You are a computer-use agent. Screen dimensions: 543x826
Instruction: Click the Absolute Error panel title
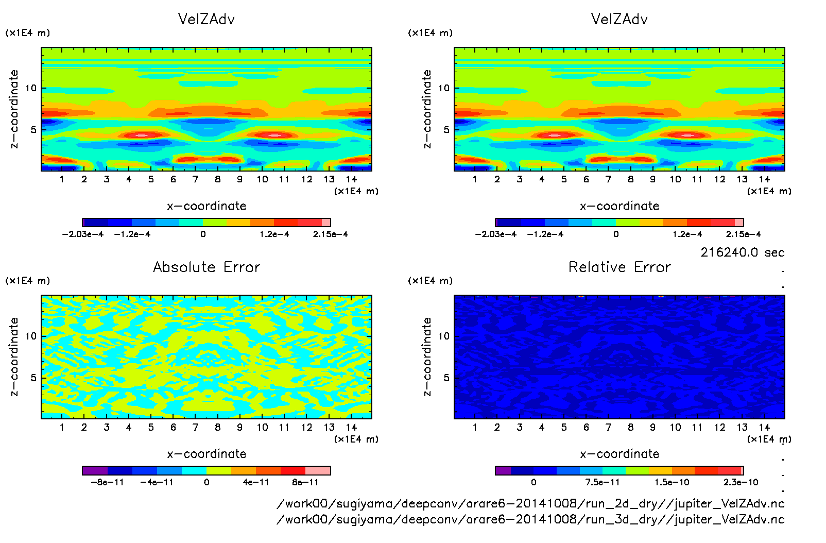pyautogui.click(x=206, y=267)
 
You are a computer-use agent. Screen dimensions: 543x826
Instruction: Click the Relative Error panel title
pyautogui.click(x=619, y=267)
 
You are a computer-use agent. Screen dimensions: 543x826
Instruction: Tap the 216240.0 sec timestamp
pyautogui.click(x=742, y=252)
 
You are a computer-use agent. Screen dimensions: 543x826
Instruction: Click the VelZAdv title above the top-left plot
pyautogui.click(x=206, y=19)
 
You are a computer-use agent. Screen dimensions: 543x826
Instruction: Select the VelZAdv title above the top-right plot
pyautogui.click(x=619, y=19)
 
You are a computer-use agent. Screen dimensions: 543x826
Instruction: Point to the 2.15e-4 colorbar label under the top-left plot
pyautogui.click(x=330, y=234)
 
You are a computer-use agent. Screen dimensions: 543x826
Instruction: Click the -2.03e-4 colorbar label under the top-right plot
pyautogui.click(x=495, y=234)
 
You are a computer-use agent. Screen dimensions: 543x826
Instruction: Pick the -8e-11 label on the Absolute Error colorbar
pyautogui.click(x=107, y=483)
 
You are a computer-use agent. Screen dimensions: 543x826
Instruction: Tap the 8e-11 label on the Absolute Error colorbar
pyautogui.click(x=305, y=483)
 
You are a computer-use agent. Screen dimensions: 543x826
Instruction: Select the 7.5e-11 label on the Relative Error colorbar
pyautogui.click(x=603, y=483)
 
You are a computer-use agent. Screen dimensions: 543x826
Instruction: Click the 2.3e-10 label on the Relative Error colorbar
pyautogui.click(x=741, y=483)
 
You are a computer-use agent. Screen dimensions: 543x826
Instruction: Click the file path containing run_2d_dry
pyautogui.click(x=530, y=504)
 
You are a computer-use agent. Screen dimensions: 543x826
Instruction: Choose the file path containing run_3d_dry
pyautogui.click(x=530, y=519)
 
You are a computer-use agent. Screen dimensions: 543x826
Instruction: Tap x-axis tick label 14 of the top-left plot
pyautogui.click(x=351, y=179)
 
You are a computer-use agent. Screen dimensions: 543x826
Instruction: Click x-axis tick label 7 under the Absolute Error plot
pyautogui.click(x=195, y=427)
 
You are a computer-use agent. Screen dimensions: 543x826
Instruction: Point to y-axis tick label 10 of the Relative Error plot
pyautogui.click(x=444, y=336)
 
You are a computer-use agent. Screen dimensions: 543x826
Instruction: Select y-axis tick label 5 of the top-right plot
pyautogui.click(x=446, y=130)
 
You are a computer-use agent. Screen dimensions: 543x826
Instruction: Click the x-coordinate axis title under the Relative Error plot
pyautogui.click(x=619, y=454)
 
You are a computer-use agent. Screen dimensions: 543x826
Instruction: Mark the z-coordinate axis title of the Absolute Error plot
pyautogui.click(x=14, y=357)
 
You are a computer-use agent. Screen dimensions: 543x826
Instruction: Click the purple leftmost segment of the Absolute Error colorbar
pyautogui.click(x=95, y=470)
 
